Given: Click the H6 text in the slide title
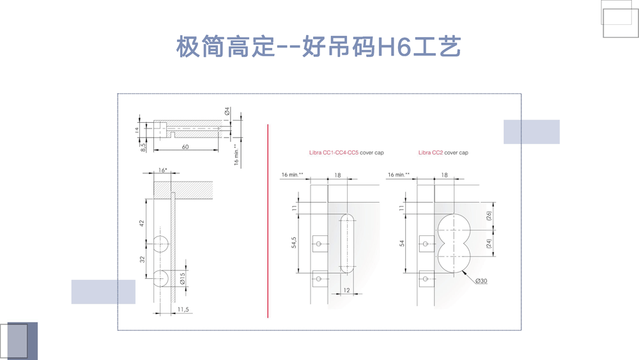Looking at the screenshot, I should (x=391, y=47).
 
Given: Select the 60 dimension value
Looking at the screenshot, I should (x=185, y=146).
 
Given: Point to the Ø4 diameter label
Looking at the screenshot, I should (x=227, y=112).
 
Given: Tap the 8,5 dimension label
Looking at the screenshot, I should (x=144, y=146).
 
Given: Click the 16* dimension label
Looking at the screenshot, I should (x=162, y=170).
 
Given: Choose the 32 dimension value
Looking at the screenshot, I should (x=142, y=259).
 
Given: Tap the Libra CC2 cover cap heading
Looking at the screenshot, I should (x=443, y=153).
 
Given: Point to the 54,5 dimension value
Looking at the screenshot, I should (x=294, y=244).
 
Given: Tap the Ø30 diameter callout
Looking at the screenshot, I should (x=480, y=281).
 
